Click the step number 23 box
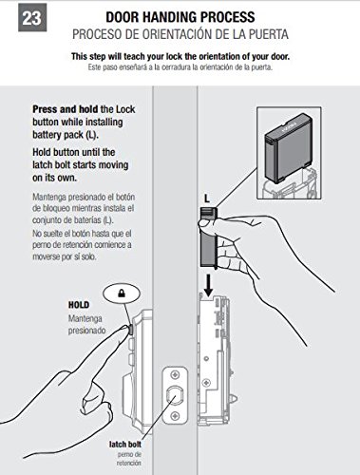pyautogui.click(x=32, y=17)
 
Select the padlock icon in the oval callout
pyautogui.click(x=122, y=294)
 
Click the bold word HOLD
pyautogui.click(x=79, y=305)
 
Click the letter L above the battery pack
pyautogui.click(x=207, y=199)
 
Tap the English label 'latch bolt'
pyautogui.click(x=125, y=445)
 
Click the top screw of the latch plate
pyautogui.click(x=175, y=375)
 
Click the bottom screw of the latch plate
pyautogui.click(x=175, y=415)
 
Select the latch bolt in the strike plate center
pyautogui.click(x=175, y=395)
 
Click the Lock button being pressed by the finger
pyautogui.click(x=130, y=330)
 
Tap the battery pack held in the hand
pyautogui.click(x=208, y=237)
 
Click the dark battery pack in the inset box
pyautogui.click(x=288, y=148)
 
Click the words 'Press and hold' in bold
pyautogui.click(x=65, y=109)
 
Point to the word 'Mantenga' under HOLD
pyautogui.click(x=85, y=318)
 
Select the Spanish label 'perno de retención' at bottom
pyautogui.click(x=129, y=459)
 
